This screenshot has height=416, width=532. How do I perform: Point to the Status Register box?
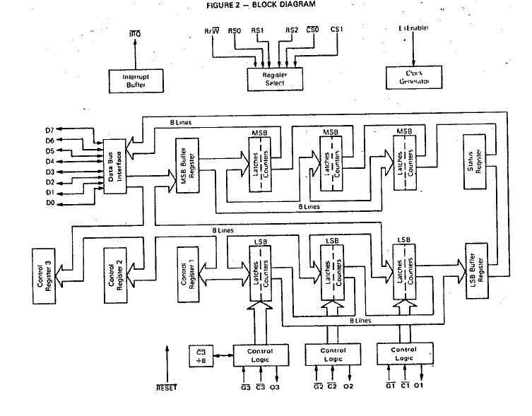point(475,162)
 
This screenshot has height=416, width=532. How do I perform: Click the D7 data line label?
point(49,130)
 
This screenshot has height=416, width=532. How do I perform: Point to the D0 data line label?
point(49,203)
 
